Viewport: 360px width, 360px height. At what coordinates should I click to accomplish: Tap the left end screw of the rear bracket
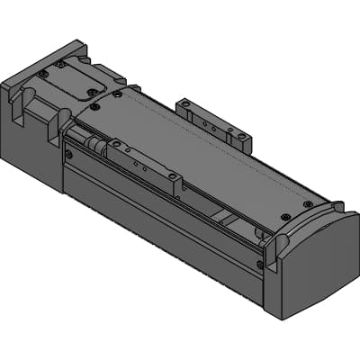click(185, 105)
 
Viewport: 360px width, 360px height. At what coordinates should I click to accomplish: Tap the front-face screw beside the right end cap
click(261, 265)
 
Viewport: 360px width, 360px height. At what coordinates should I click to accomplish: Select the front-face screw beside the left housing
click(68, 154)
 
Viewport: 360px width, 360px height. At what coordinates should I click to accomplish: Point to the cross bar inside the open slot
click(225, 216)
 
